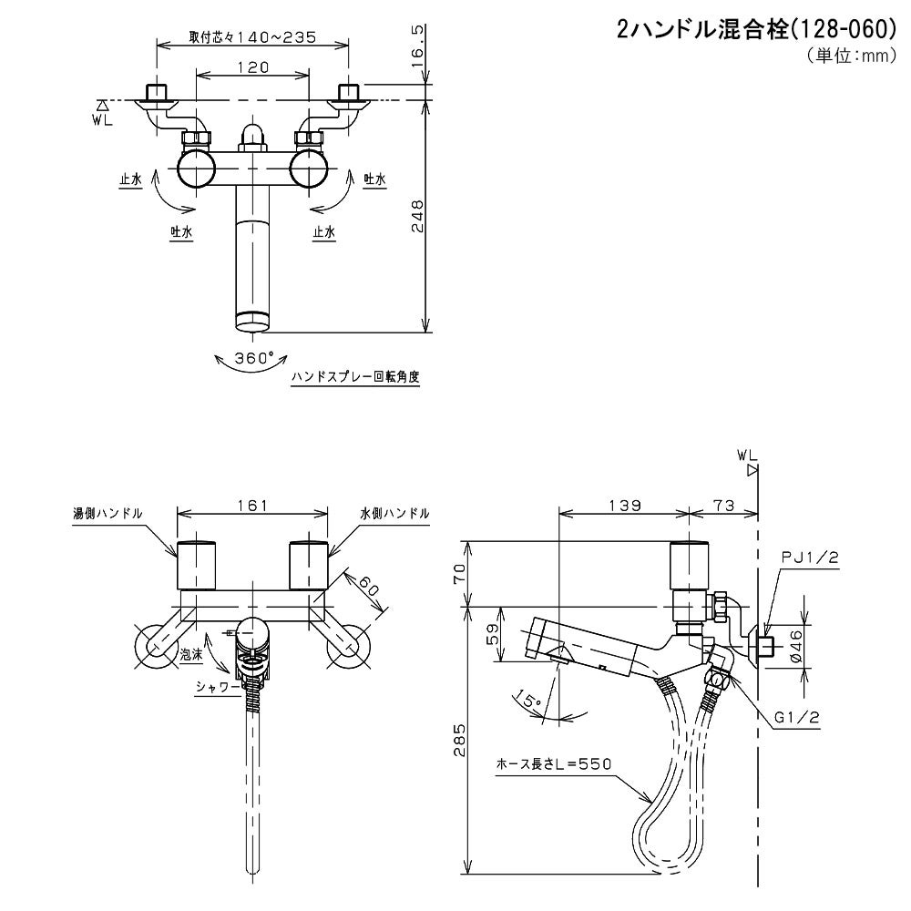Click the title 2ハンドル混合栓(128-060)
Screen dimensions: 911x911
point(756,30)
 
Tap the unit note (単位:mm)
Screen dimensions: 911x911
point(846,56)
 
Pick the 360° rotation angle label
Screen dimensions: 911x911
point(254,358)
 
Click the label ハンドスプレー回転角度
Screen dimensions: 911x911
point(355,376)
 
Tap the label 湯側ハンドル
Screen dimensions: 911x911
point(107,513)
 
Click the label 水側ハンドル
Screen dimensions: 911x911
point(394,513)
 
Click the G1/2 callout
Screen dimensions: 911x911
point(797,718)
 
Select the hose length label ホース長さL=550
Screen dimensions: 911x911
point(552,763)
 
